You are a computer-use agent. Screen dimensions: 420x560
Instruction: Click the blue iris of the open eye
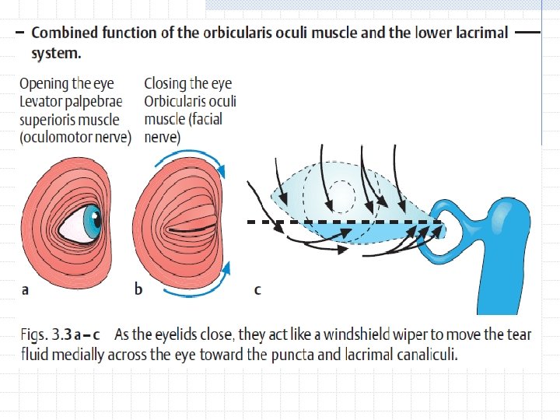[93, 222]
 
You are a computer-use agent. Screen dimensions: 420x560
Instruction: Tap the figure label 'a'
[26, 290]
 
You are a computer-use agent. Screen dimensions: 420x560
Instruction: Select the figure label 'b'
[138, 289]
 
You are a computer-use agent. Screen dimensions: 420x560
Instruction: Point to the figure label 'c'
[257, 290]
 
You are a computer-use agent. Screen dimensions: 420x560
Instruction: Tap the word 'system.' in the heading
[56, 54]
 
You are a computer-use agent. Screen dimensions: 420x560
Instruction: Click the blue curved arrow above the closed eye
[192, 156]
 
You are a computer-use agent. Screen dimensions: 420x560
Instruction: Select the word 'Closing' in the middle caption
[166, 83]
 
